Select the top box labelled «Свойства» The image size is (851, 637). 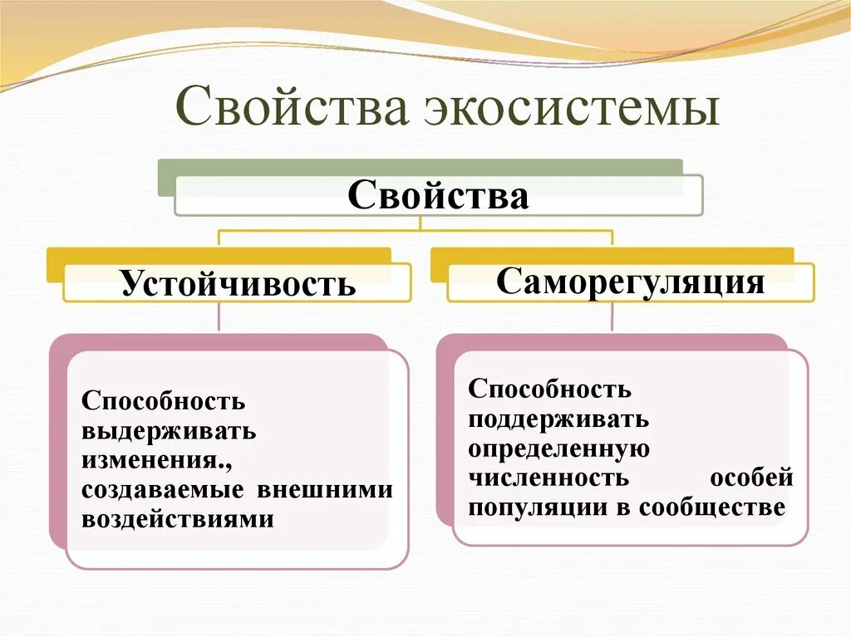(x=438, y=196)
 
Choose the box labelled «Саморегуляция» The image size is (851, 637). (x=630, y=282)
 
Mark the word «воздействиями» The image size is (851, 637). (x=178, y=519)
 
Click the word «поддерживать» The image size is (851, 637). (x=558, y=419)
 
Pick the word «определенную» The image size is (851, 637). (x=558, y=448)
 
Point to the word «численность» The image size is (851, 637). (x=547, y=478)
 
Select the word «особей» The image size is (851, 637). (x=751, y=478)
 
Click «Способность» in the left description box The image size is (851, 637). (x=163, y=402)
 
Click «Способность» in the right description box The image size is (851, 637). (x=549, y=389)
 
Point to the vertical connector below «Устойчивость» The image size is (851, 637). (x=219, y=316)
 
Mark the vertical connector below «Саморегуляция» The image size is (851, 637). (x=612, y=316)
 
